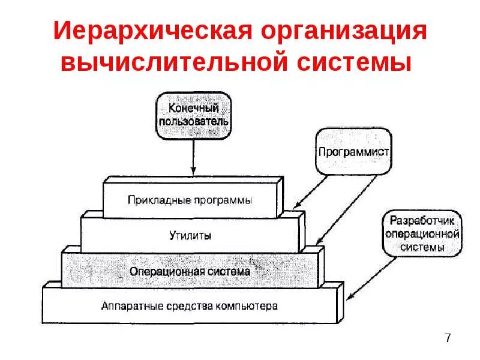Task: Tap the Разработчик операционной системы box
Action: click(422, 233)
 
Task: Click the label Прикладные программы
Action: click(190, 200)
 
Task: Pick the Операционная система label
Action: click(190, 271)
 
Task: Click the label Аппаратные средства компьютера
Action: click(190, 306)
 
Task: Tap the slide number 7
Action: click(448, 339)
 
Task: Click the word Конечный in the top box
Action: click(193, 109)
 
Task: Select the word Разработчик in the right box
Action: click(422, 219)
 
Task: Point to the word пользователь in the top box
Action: click(193, 122)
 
